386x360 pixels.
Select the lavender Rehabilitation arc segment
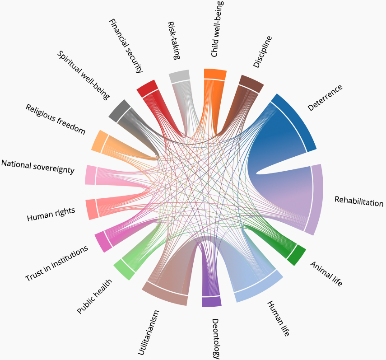[x=317, y=199]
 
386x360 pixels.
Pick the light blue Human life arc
[x=260, y=289]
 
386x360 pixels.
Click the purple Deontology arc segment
[x=211, y=302]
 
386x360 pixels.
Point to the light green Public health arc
[x=123, y=270]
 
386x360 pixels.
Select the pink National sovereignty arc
[x=90, y=175]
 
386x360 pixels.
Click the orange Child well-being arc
[x=215, y=74]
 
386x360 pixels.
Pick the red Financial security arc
[x=146, y=88]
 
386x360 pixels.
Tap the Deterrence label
[x=325, y=98]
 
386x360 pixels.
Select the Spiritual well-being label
[x=83, y=75]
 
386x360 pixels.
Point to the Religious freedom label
[x=55, y=119]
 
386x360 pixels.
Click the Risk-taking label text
[x=174, y=41]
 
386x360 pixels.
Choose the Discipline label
[x=262, y=52]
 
